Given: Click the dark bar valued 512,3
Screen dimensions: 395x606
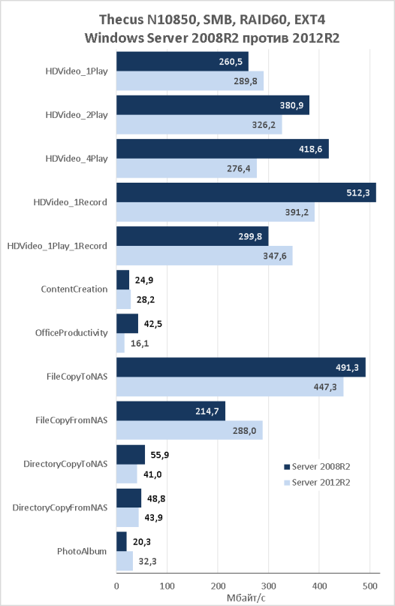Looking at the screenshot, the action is click(246, 192).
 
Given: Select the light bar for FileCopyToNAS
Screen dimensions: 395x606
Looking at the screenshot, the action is click(230, 386).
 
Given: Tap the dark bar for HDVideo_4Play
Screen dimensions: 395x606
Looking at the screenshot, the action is click(223, 149).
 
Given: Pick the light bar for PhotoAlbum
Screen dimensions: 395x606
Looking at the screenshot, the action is click(125, 561).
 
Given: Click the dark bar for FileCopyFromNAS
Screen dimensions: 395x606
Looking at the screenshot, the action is click(170, 411).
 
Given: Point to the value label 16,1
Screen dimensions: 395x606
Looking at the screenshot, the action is click(140, 343).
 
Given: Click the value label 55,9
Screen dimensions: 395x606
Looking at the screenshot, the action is click(160, 455).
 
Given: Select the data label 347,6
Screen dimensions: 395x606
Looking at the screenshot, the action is click(275, 256).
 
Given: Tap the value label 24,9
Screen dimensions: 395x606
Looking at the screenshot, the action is click(144, 280).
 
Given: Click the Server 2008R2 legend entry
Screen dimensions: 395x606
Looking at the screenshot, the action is click(317, 467).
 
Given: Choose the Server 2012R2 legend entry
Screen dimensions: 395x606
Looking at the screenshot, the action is click(317, 483).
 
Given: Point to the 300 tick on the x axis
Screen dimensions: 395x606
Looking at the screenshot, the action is click(269, 586).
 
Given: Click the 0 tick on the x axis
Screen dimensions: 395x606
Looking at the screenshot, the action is click(116, 586).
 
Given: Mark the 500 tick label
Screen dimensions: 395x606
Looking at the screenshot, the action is click(370, 586).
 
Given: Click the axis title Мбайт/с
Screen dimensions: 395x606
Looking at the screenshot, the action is click(246, 598).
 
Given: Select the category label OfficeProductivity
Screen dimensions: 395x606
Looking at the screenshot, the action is click(71, 333).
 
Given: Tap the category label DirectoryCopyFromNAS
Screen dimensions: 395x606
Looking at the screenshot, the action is click(60, 508).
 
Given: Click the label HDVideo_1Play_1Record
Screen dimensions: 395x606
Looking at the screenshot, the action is click(57, 246).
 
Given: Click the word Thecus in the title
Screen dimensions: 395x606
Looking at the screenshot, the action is click(121, 20).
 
